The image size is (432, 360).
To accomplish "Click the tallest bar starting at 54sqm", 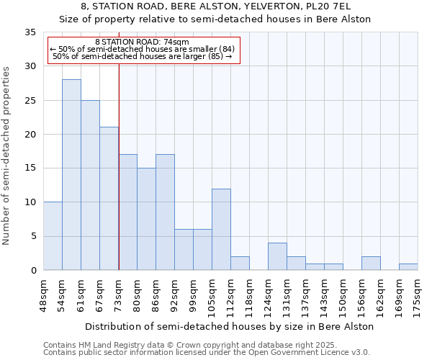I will (71, 175).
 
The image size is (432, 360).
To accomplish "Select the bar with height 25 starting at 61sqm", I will (90, 185).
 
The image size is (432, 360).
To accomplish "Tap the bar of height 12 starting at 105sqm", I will (221, 230).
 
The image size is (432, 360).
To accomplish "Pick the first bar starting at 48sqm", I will (53, 236).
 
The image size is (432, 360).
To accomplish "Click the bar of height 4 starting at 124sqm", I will (277, 256).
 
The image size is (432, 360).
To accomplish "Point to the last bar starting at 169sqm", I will (408, 267).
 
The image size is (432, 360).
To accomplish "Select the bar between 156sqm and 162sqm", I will (371, 264).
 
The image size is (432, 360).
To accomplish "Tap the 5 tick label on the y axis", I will (33, 236).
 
